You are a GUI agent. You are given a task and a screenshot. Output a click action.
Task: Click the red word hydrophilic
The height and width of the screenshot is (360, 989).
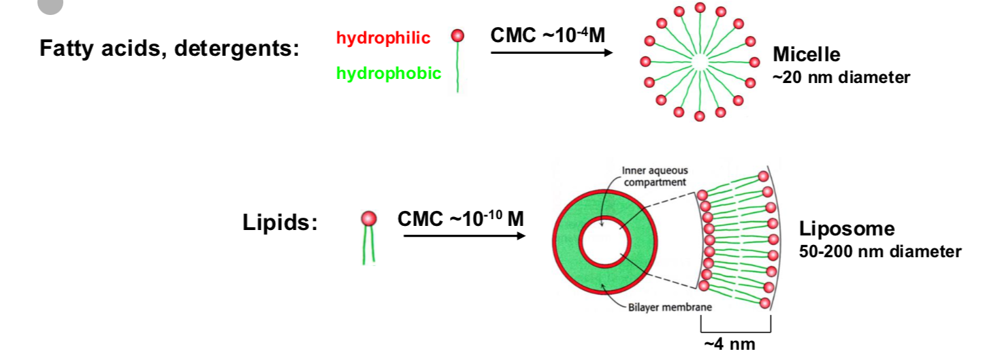point(383,38)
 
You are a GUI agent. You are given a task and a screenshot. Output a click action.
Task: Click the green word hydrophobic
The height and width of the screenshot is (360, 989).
point(389,73)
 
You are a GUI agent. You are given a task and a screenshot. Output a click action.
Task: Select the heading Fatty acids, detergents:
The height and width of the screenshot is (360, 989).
point(169,49)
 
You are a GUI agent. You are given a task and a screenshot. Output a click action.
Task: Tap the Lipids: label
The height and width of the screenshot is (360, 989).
point(280,223)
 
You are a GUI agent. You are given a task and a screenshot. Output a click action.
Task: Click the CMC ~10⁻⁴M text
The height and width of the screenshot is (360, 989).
point(547,35)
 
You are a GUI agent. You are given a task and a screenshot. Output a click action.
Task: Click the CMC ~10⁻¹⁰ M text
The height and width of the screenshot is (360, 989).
point(461,220)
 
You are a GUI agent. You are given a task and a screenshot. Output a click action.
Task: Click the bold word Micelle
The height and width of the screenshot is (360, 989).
point(807,54)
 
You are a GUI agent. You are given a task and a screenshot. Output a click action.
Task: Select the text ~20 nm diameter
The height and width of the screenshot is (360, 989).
point(841,78)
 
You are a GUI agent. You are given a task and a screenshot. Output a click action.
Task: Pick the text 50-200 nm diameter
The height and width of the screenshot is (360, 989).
point(880,252)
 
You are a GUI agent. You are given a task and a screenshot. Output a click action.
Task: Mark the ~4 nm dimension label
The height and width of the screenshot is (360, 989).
point(729,344)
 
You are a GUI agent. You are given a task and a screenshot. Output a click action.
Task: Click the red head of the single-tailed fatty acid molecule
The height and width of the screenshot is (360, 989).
point(458,35)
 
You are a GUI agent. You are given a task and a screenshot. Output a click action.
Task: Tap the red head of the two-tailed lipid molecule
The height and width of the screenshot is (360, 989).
point(368,218)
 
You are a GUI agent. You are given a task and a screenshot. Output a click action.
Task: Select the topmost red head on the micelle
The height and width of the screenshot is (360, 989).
point(700,7)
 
